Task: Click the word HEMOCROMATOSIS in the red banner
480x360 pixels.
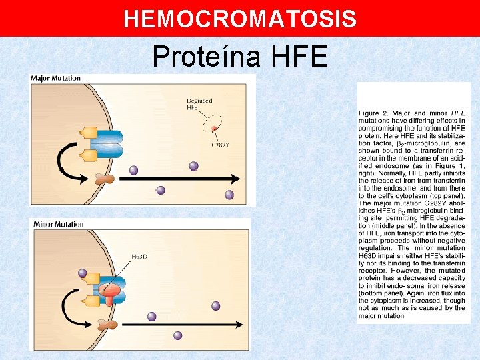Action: (x=240, y=19)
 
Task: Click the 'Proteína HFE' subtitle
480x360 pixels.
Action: (x=240, y=56)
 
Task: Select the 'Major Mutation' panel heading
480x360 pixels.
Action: (x=56, y=79)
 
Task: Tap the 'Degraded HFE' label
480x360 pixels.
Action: (x=199, y=104)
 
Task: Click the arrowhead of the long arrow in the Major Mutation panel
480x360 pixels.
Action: (x=235, y=178)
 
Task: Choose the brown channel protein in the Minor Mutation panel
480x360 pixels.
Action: (x=105, y=324)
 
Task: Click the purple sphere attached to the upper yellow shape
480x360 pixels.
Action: (x=83, y=273)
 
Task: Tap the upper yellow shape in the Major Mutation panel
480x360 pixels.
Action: (x=89, y=133)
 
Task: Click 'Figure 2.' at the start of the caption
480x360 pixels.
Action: (x=373, y=113)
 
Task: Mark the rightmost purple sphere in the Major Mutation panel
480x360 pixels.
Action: (x=229, y=195)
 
